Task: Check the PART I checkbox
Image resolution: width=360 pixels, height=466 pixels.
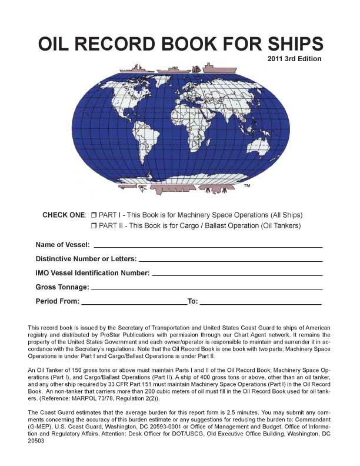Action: pos(94,215)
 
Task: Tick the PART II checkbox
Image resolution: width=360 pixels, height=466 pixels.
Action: pos(94,225)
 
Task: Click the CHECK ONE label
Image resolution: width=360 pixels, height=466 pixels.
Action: pos(64,215)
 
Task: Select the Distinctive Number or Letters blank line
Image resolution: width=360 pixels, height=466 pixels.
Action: pos(230,259)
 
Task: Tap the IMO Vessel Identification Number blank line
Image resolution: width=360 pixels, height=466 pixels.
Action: pos(237,274)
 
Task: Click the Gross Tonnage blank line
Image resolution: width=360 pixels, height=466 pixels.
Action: pos(207,288)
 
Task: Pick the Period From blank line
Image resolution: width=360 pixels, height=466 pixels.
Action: pos(134,302)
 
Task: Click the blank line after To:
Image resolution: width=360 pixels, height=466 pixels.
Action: pos(260,302)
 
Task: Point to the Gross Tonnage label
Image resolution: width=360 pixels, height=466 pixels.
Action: pos(62,287)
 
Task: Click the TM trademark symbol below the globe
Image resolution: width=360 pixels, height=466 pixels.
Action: pos(247,186)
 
